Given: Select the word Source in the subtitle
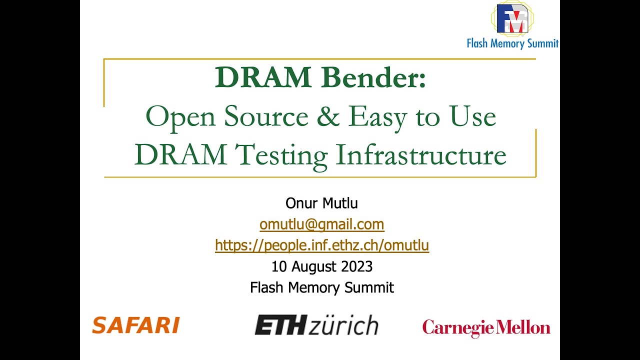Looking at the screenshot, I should [266, 116].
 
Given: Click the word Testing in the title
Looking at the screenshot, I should [281, 155].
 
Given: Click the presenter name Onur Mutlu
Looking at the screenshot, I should [321, 203].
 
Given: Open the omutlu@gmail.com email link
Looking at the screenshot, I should [321, 224].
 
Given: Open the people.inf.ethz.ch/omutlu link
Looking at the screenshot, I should [321, 245].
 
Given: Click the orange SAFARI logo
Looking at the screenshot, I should [135, 325].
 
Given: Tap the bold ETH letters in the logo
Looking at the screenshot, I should [279, 325].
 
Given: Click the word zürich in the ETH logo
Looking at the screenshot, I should [343, 325].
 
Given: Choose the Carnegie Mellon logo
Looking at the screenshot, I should [486, 328].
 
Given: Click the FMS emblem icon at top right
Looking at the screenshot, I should [512, 18].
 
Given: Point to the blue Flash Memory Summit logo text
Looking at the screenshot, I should [512, 43].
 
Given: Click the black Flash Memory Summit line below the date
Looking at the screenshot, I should [321, 287].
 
